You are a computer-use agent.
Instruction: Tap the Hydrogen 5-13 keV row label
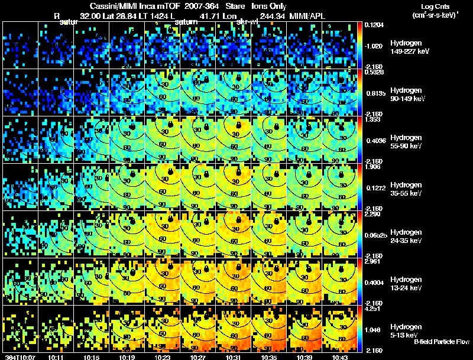click(x=406, y=330)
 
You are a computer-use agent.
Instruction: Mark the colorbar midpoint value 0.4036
click(x=374, y=140)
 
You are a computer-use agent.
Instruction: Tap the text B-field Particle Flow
click(x=442, y=342)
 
